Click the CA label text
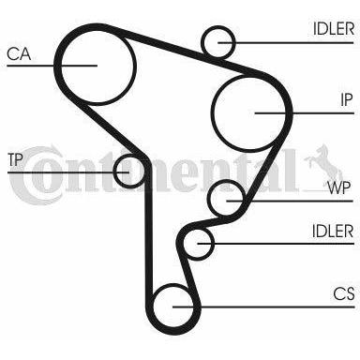pyautogui.click(x=19, y=53)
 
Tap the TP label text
pyautogui.click(x=15, y=159)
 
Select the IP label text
pyautogui.click(x=346, y=100)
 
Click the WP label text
pyautogui.click(x=339, y=187)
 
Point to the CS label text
pyautogui.click(x=344, y=294)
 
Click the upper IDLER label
pyautogui.click(x=334, y=29)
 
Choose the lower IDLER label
pyautogui.click(x=333, y=232)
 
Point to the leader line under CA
pyautogui.click(x=52, y=66)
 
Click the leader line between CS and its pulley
pyautogui.click(x=263, y=307)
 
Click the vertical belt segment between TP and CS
pyautogui.click(x=149, y=232)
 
